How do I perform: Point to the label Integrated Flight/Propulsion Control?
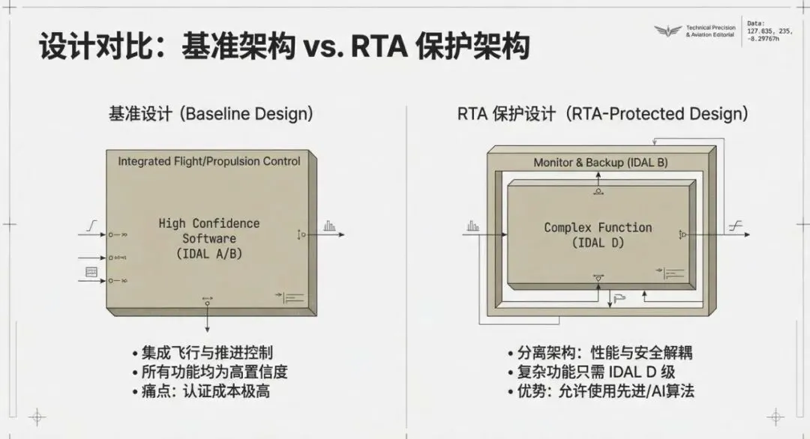click(208, 161)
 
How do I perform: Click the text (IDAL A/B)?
click(208, 253)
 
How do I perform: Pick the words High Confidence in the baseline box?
click(208, 223)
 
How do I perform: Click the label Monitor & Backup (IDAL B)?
click(600, 163)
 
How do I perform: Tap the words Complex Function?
click(598, 227)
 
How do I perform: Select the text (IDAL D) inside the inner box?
click(598, 243)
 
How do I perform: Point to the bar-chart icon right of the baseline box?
click(330, 225)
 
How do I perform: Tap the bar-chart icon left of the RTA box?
click(472, 225)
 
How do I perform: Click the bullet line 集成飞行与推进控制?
click(202, 353)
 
